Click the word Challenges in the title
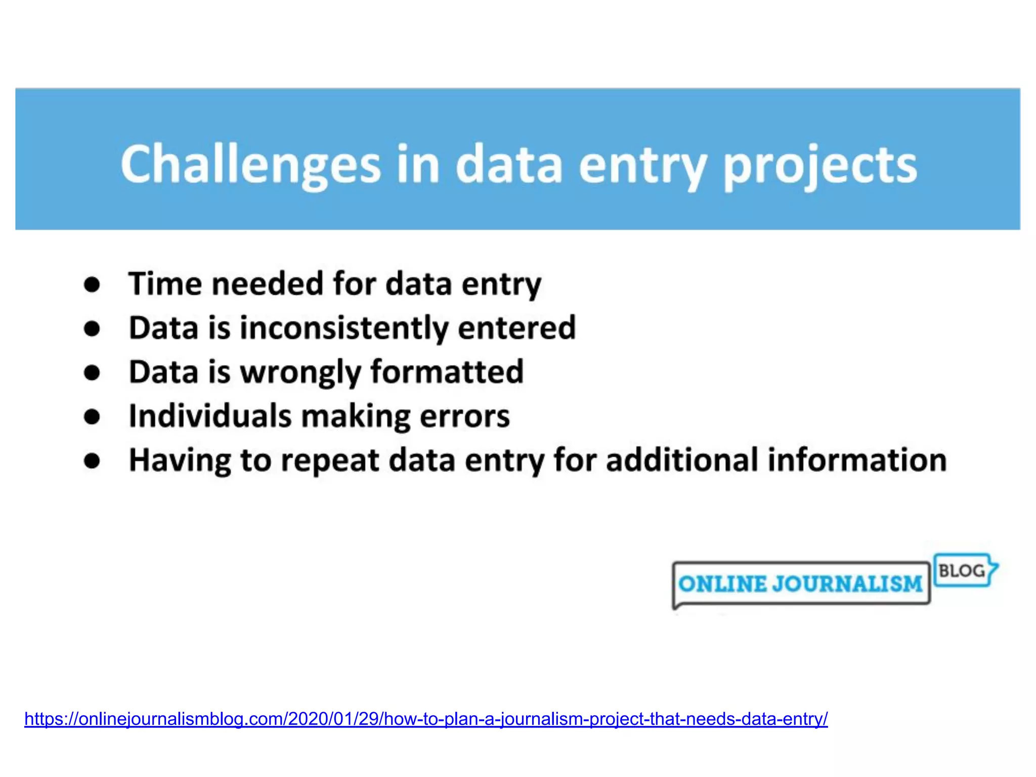tap(250, 165)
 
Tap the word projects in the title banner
tap(819, 165)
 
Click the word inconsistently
tap(344, 328)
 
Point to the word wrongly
tap(300, 372)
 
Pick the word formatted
tap(447, 372)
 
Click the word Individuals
tap(210, 416)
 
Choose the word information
tap(857, 460)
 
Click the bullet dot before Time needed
tap(92, 285)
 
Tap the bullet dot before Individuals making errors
tap(92, 417)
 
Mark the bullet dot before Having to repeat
tap(92, 461)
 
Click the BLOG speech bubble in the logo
tap(963, 571)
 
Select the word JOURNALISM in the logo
tap(847, 584)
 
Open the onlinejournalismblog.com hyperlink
tap(426, 718)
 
